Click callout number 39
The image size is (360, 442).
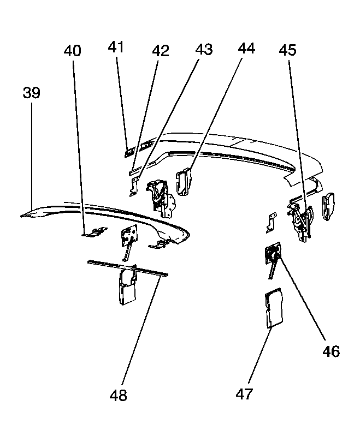click(32, 93)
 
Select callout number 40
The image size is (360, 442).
click(73, 51)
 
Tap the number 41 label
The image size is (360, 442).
click(116, 47)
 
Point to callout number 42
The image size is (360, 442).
click(161, 51)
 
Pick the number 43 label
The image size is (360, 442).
click(204, 50)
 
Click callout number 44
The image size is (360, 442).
click(246, 49)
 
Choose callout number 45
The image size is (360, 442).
click(288, 50)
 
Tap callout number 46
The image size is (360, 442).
click(331, 351)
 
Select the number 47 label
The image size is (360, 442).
click(244, 393)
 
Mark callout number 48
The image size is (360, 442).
click(119, 395)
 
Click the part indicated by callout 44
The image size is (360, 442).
click(184, 181)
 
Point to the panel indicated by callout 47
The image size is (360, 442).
click(274, 308)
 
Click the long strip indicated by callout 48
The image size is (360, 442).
click(128, 267)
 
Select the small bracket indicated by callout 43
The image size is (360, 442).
click(134, 186)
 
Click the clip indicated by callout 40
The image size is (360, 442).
click(96, 231)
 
